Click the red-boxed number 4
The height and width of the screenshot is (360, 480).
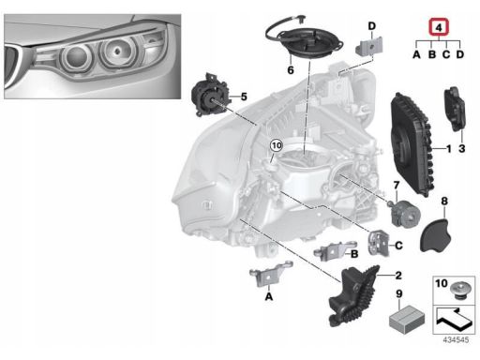[x=439, y=27]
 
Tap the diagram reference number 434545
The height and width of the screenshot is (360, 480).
[x=456, y=339]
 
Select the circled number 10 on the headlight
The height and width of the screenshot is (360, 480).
[x=277, y=145]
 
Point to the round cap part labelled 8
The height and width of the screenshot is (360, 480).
[x=436, y=235]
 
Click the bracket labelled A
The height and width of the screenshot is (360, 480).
[x=270, y=274]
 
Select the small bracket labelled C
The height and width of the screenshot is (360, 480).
[x=379, y=243]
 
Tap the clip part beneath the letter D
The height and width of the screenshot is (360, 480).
[x=368, y=47]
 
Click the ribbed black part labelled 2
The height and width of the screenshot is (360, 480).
[x=352, y=296]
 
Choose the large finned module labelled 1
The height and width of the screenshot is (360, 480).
[x=412, y=144]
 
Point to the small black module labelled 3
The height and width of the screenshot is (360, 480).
[x=455, y=110]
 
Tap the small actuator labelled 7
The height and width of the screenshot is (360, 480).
[x=405, y=212]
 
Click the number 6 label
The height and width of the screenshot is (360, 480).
[x=291, y=70]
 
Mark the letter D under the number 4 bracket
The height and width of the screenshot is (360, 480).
[x=459, y=54]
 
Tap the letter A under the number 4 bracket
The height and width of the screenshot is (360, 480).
[x=416, y=54]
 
